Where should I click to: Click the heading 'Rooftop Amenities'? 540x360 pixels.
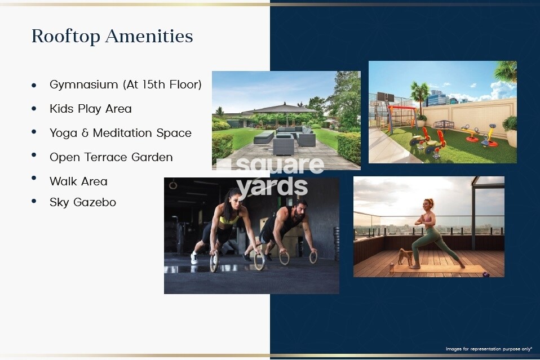[x=112, y=36]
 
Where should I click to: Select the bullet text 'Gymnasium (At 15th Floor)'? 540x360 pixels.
[x=125, y=85]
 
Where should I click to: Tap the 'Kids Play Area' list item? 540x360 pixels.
[x=90, y=109]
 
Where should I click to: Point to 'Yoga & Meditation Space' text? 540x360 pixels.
[x=120, y=133]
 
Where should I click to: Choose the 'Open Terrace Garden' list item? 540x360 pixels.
[x=111, y=157]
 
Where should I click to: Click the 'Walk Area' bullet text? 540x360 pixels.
[x=78, y=181]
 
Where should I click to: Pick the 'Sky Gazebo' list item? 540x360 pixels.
[x=83, y=202]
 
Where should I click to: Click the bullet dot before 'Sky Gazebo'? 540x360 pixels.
[x=34, y=201]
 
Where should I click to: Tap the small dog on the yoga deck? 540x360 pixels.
[x=404, y=257]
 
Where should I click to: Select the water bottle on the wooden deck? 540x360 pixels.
[x=392, y=268]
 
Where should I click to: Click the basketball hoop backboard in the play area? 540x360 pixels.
[x=384, y=96]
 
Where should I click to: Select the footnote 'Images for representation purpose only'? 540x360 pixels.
[x=489, y=349]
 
